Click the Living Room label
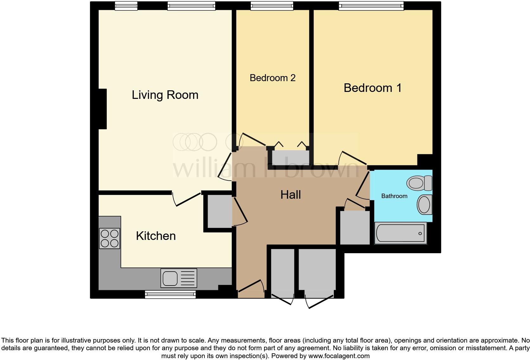165,95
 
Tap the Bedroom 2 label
273,78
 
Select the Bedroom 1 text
372,88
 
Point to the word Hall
290,195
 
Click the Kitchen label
156,236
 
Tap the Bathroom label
394,196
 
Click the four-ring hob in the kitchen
109,238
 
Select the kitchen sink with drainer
178,278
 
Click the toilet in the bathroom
419,183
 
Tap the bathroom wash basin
424,204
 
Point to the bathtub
400,233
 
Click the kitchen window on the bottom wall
170,295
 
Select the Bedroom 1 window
371,6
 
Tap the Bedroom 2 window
272,6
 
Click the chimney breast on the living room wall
102,109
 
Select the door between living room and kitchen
187,199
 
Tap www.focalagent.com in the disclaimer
339,356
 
